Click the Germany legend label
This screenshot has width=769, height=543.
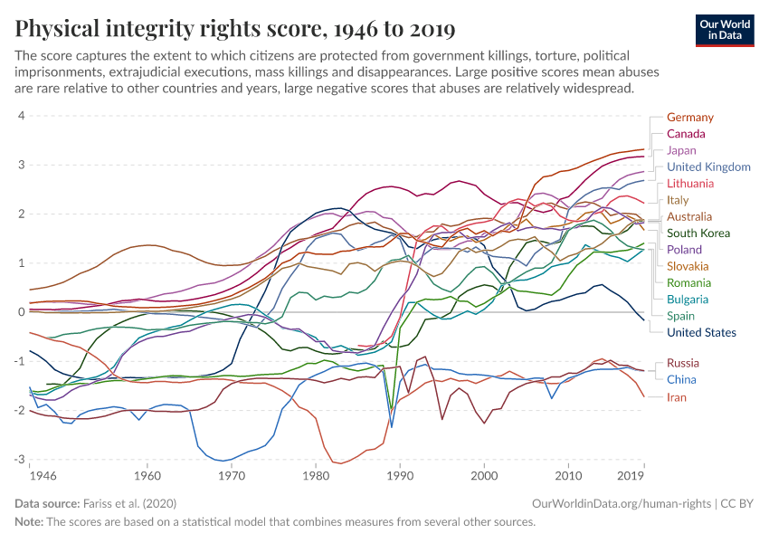pyautogui.click(x=689, y=118)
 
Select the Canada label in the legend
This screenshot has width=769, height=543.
pyautogui.click(x=686, y=134)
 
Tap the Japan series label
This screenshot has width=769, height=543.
pyautogui.click(x=681, y=150)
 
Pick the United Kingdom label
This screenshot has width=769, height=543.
pyautogui.click(x=708, y=167)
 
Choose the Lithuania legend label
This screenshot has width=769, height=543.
pyautogui.click(x=690, y=184)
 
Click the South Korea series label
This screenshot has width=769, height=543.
pyautogui.click(x=698, y=233)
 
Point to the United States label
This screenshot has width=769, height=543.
pyautogui.click(x=701, y=332)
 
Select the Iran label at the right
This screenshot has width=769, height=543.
pyautogui.click(x=678, y=397)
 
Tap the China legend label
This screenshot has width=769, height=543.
pyautogui.click(x=681, y=380)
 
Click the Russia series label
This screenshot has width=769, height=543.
pyautogui.click(x=683, y=364)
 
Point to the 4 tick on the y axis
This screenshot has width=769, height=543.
pyautogui.click(x=20, y=116)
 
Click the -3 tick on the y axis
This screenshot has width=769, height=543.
pyautogui.click(x=18, y=460)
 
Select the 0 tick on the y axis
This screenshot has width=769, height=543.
pyautogui.click(x=20, y=312)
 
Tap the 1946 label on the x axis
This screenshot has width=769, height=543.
pyautogui.click(x=42, y=475)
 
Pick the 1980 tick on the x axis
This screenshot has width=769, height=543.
pyautogui.click(x=316, y=475)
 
